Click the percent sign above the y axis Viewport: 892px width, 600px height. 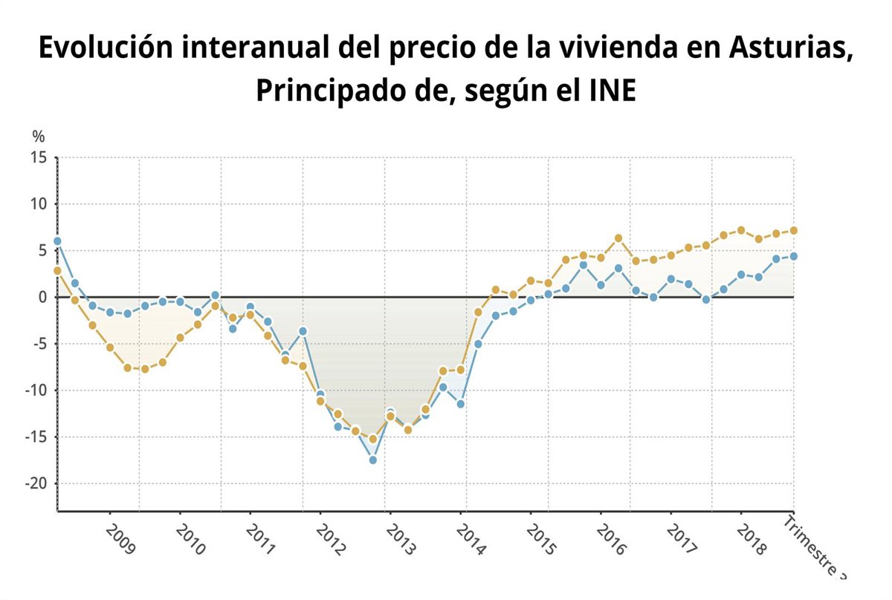pos(39,136)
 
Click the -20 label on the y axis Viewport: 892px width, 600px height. pos(35,483)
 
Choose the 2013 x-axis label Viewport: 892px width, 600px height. pos(401,539)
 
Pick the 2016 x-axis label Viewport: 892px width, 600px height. pos(611,539)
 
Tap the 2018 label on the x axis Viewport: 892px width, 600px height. pos(751,539)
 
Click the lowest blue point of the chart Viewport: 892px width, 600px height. pos(372,460)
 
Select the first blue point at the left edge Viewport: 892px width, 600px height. pos(57,241)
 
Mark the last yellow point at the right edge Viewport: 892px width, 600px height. pos(794,230)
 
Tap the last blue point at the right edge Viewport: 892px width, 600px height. pos(794,256)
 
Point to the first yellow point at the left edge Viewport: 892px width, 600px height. pos(57,270)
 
